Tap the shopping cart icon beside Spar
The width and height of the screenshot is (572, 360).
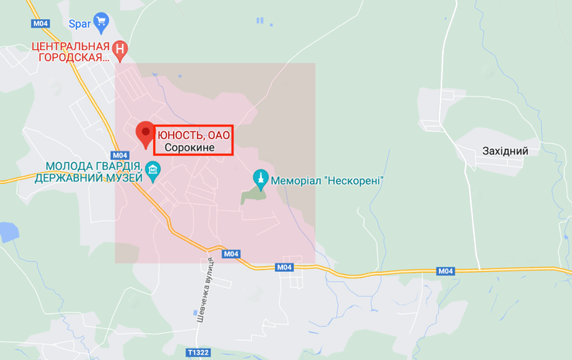[x=100, y=20]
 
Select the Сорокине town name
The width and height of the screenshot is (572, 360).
[x=189, y=148]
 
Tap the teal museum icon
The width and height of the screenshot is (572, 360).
[x=153, y=172]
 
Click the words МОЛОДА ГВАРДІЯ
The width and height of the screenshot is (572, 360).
[x=93, y=166]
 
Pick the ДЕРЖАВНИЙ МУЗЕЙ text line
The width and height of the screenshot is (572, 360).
[x=89, y=178]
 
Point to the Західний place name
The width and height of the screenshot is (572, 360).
[x=505, y=151]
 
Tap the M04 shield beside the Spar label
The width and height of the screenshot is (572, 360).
[x=41, y=23]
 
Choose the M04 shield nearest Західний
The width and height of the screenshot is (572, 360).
[x=445, y=270]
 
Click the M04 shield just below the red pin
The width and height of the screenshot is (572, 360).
[x=119, y=155]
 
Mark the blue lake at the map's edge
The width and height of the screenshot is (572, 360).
[x=6, y=231]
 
